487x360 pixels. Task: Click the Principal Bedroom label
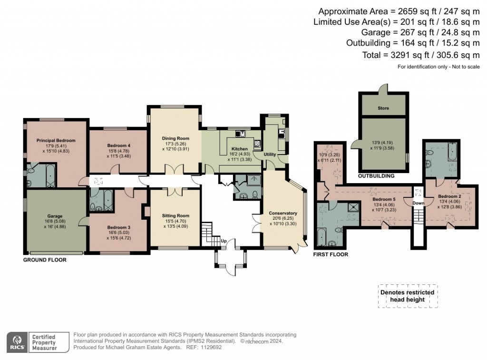(56, 140)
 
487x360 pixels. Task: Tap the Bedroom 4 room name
(118, 146)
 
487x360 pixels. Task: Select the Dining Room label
(175, 138)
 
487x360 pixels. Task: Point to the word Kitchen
(240, 149)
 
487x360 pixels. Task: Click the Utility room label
(270, 154)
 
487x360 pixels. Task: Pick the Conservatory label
(283, 213)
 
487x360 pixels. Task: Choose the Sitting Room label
(175, 215)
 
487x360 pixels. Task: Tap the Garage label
(55, 216)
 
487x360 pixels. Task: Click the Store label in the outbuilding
(383, 108)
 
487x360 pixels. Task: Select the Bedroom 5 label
(384, 199)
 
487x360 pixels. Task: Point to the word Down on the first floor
(419, 203)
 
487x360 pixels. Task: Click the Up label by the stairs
(224, 241)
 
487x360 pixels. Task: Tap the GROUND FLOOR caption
(45, 260)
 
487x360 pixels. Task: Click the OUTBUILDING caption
(376, 176)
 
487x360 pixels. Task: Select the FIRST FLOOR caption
(331, 254)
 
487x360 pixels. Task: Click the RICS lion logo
(18, 342)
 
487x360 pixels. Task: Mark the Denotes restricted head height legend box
(408, 296)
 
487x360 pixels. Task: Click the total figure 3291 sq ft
(409, 55)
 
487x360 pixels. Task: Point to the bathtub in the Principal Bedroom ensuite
(50, 175)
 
